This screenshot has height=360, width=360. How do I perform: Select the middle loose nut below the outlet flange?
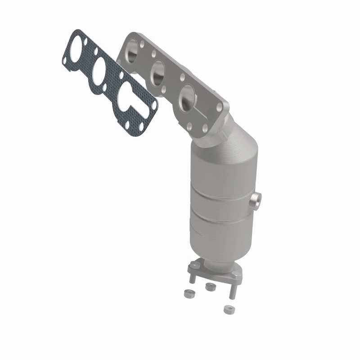pos(208,287)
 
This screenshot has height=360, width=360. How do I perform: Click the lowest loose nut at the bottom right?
pos(229,310)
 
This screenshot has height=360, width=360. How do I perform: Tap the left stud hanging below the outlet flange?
pos(193,276)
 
